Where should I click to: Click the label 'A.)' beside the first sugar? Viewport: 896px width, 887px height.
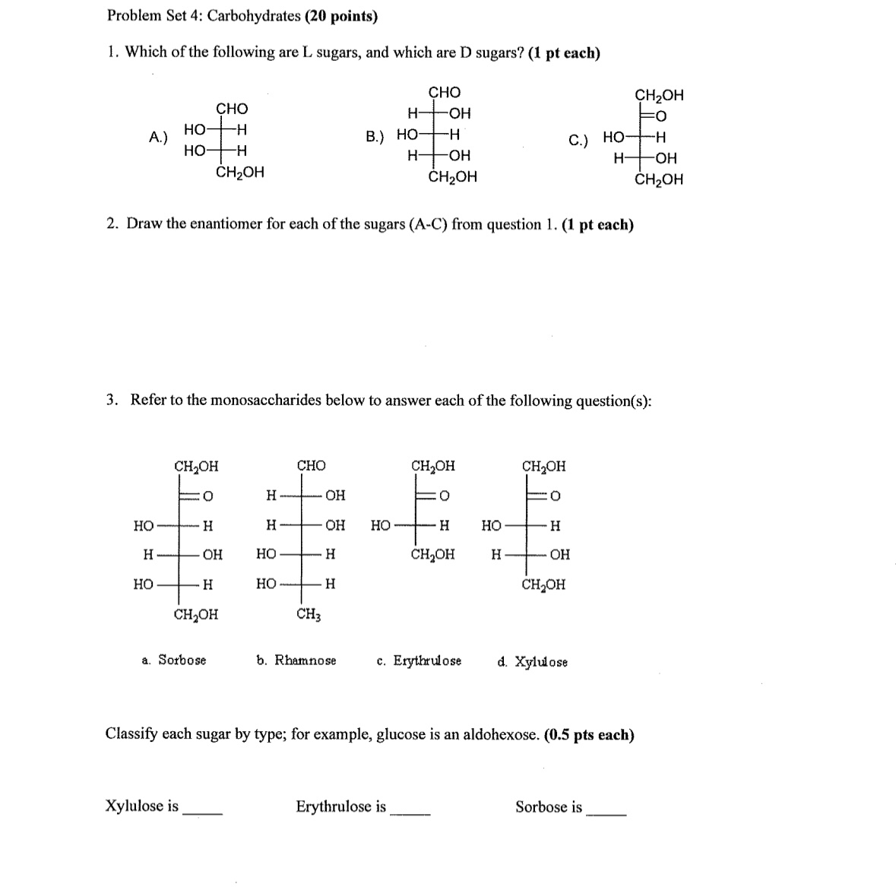tap(158, 138)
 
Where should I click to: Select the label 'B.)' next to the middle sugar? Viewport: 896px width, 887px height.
tap(375, 137)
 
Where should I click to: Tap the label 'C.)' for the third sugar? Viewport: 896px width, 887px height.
tap(578, 140)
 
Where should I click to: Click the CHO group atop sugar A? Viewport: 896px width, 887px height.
tap(232, 109)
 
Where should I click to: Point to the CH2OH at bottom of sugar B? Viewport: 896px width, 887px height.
tap(453, 177)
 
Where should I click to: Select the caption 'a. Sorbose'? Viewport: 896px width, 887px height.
tap(174, 660)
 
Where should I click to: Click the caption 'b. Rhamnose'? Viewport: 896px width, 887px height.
tap(296, 660)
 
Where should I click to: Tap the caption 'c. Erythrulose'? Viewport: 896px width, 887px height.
tap(419, 660)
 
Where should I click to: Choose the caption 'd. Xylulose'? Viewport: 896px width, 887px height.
tap(532, 661)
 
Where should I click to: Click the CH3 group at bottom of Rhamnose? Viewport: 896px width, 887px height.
tap(309, 614)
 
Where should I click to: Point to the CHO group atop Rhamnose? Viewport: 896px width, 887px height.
tap(311, 465)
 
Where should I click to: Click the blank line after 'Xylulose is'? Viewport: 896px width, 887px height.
tap(203, 813)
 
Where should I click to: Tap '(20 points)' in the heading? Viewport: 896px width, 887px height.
tap(341, 16)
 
